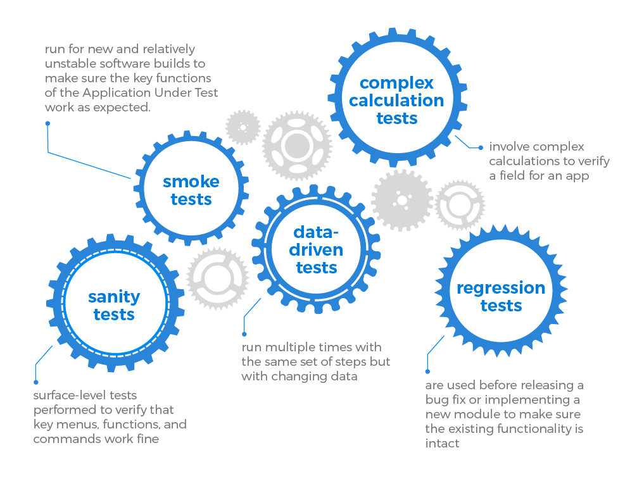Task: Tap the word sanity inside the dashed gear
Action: (114, 296)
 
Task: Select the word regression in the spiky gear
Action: (501, 288)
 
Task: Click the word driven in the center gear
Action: (317, 249)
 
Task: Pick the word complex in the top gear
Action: (396, 83)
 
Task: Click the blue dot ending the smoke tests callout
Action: (47, 123)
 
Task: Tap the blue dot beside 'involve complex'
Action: (481, 147)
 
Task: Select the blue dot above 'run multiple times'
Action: (244, 333)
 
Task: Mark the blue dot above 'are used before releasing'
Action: (428, 372)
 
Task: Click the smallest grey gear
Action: (243, 127)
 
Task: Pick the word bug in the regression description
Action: (438, 400)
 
